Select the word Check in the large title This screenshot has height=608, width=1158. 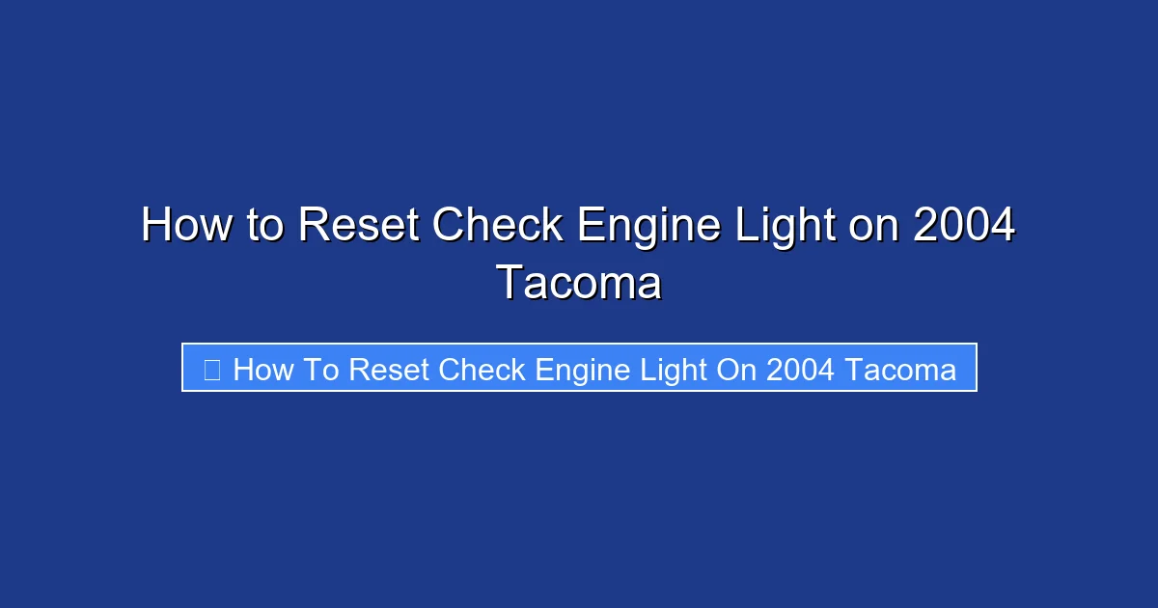coord(497,227)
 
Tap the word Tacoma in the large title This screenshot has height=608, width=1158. coord(579,284)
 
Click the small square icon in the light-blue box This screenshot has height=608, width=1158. coord(212,370)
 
